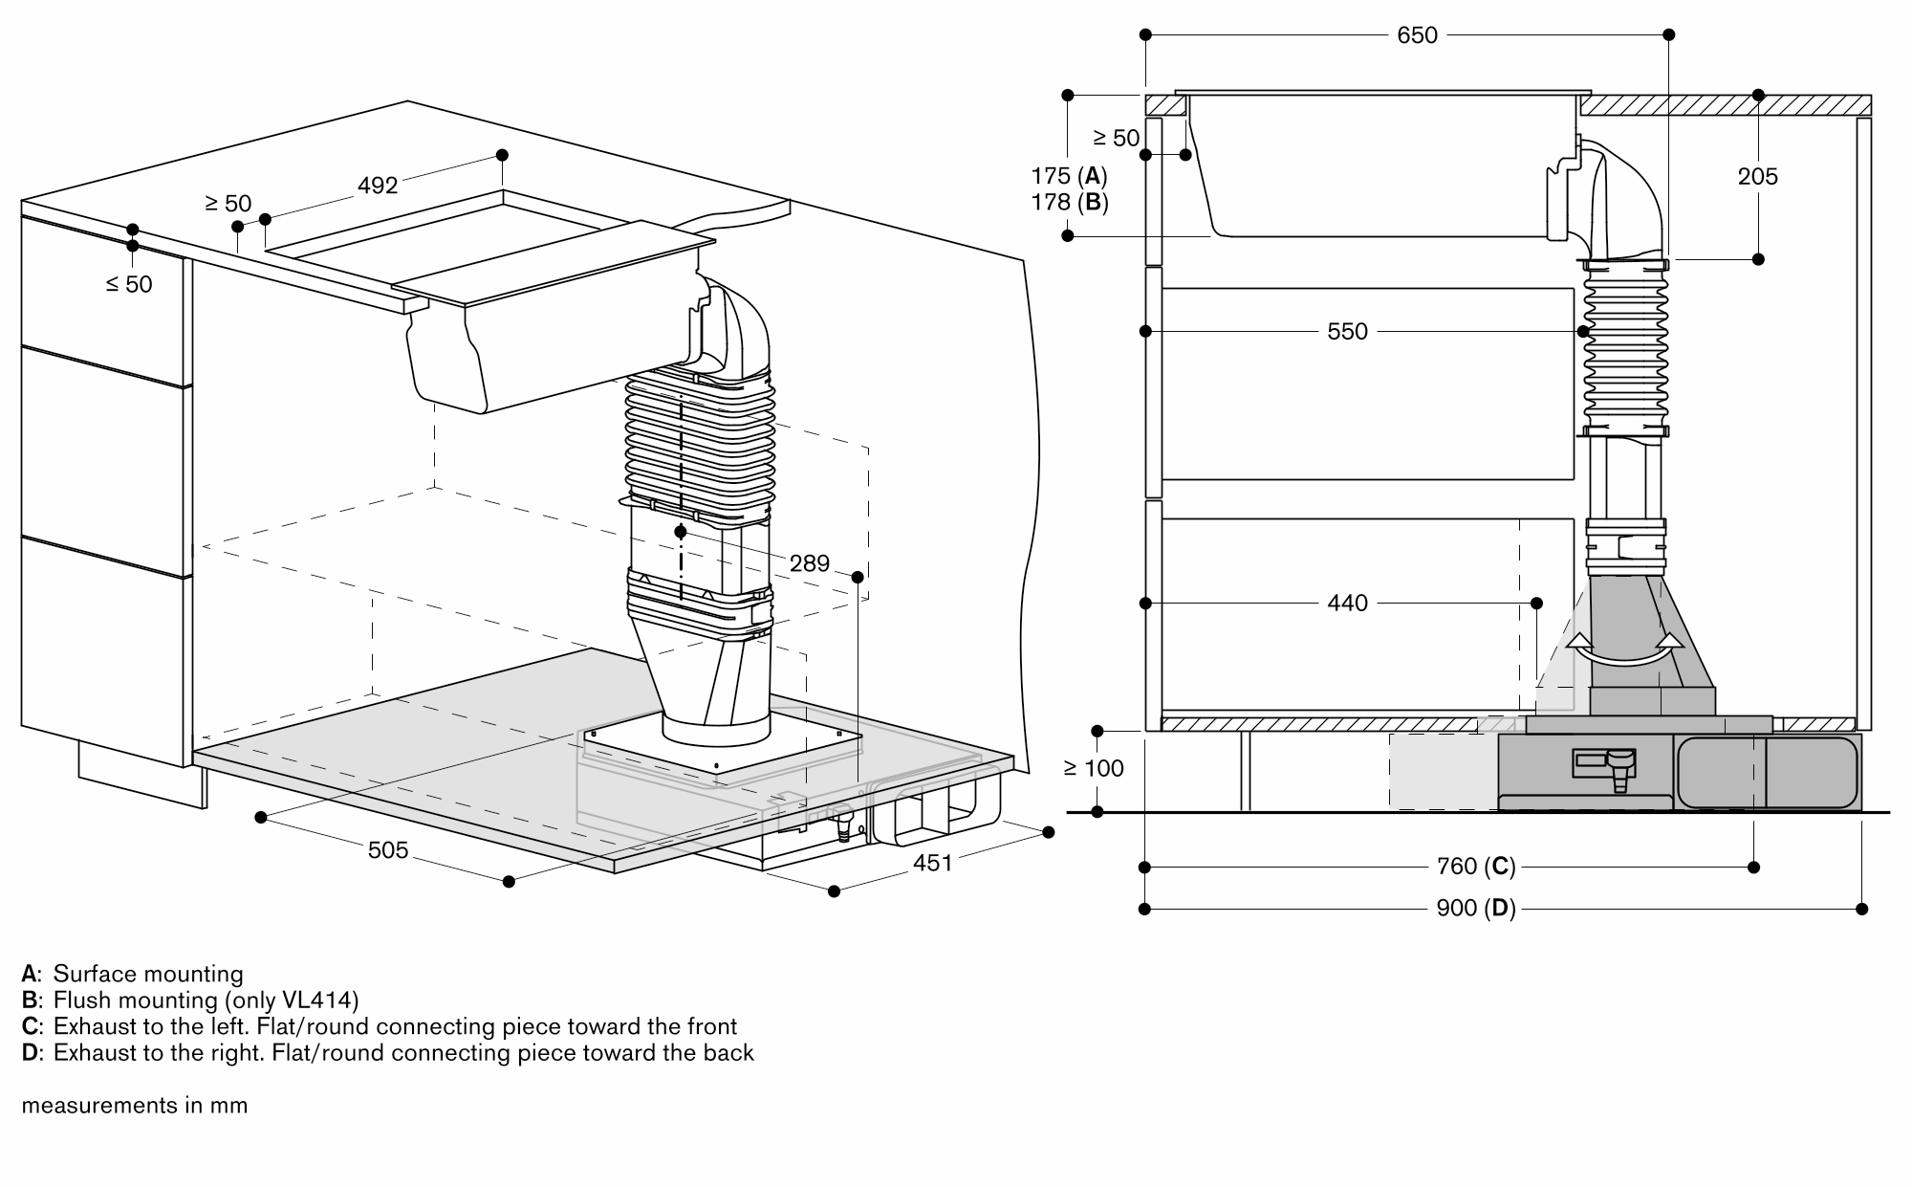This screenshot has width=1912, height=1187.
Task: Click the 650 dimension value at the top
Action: [x=1417, y=35]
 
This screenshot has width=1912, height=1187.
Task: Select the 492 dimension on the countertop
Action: [x=378, y=185]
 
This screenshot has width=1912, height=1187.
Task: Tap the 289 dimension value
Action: [x=809, y=563]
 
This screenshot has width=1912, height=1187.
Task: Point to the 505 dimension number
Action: [x=388, y=850]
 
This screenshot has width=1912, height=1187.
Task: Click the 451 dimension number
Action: [x=932, y=863]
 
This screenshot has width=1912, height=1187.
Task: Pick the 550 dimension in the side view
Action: [x=1347, y=332]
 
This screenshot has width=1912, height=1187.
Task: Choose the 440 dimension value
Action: [x=1347, y=604]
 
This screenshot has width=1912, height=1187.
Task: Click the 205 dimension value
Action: [x=1757, y=177]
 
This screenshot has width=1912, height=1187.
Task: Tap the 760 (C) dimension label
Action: [x=1475, y=867]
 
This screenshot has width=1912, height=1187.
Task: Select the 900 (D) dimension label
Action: [x=1475, y=908]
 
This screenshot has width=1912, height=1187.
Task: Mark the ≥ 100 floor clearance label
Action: [x=1094, y=768]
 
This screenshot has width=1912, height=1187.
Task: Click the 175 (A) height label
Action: [x=1069, y=176]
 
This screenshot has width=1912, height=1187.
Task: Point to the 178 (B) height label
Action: [x=1069, y=202]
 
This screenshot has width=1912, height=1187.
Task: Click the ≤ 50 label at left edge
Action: [x=129, y=284]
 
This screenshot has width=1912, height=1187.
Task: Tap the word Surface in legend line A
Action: [x=93, y=974]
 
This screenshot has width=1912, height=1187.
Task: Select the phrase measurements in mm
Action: [x=135, y=1106]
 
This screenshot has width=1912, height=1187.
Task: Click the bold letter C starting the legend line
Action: [x=30, y=1027]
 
